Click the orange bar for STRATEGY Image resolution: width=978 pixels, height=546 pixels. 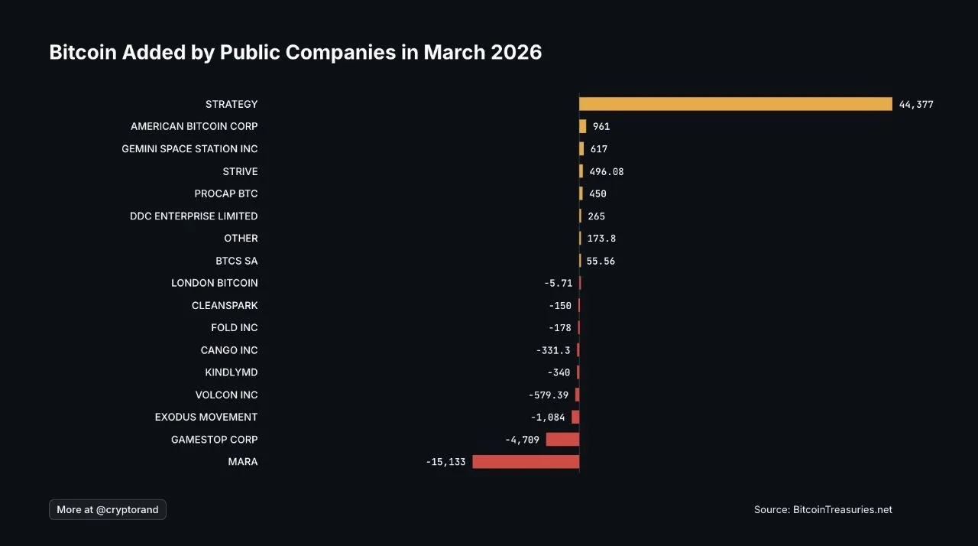click(x=735, y=104)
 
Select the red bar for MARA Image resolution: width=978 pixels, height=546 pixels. click(x=526, y=462)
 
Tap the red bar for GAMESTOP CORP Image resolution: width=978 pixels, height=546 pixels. click(x=562, y=440)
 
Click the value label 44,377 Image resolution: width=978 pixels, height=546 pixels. click(x=916, y=105)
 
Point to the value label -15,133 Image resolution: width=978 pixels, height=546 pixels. click(x=445, y=463)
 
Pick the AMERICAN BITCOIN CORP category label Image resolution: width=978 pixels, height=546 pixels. click(x=194, y=126)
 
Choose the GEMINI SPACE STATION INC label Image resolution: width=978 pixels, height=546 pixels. click(x=189, y=149)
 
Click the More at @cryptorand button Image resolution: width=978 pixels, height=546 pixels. click(x=108, y=510)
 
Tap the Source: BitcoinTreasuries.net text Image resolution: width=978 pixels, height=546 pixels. click(x=823, y=510)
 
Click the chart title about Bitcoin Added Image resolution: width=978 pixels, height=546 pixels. click(x=295, y=53)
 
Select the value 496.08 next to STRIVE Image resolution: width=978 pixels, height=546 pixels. click(x=607, y=172)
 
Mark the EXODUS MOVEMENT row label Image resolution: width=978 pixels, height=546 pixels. click(x=206, y=418)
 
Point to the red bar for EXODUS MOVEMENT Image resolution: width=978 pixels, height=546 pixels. click(x=575, y=418)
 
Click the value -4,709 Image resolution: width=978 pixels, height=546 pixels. click(x=522, y=440)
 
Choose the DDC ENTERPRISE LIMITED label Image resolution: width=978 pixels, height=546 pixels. click(x=194, y=216)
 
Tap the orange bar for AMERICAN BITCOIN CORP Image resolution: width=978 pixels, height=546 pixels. click(x=583, y=127)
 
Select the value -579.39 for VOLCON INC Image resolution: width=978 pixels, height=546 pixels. click(x=549, y=395)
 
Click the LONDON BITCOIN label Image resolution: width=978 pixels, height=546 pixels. click(x=215, y=283)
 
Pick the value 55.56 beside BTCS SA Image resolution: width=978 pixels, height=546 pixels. click(x=601, y=262)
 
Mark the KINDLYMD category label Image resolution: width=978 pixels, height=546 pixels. click(x=232, y=372)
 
